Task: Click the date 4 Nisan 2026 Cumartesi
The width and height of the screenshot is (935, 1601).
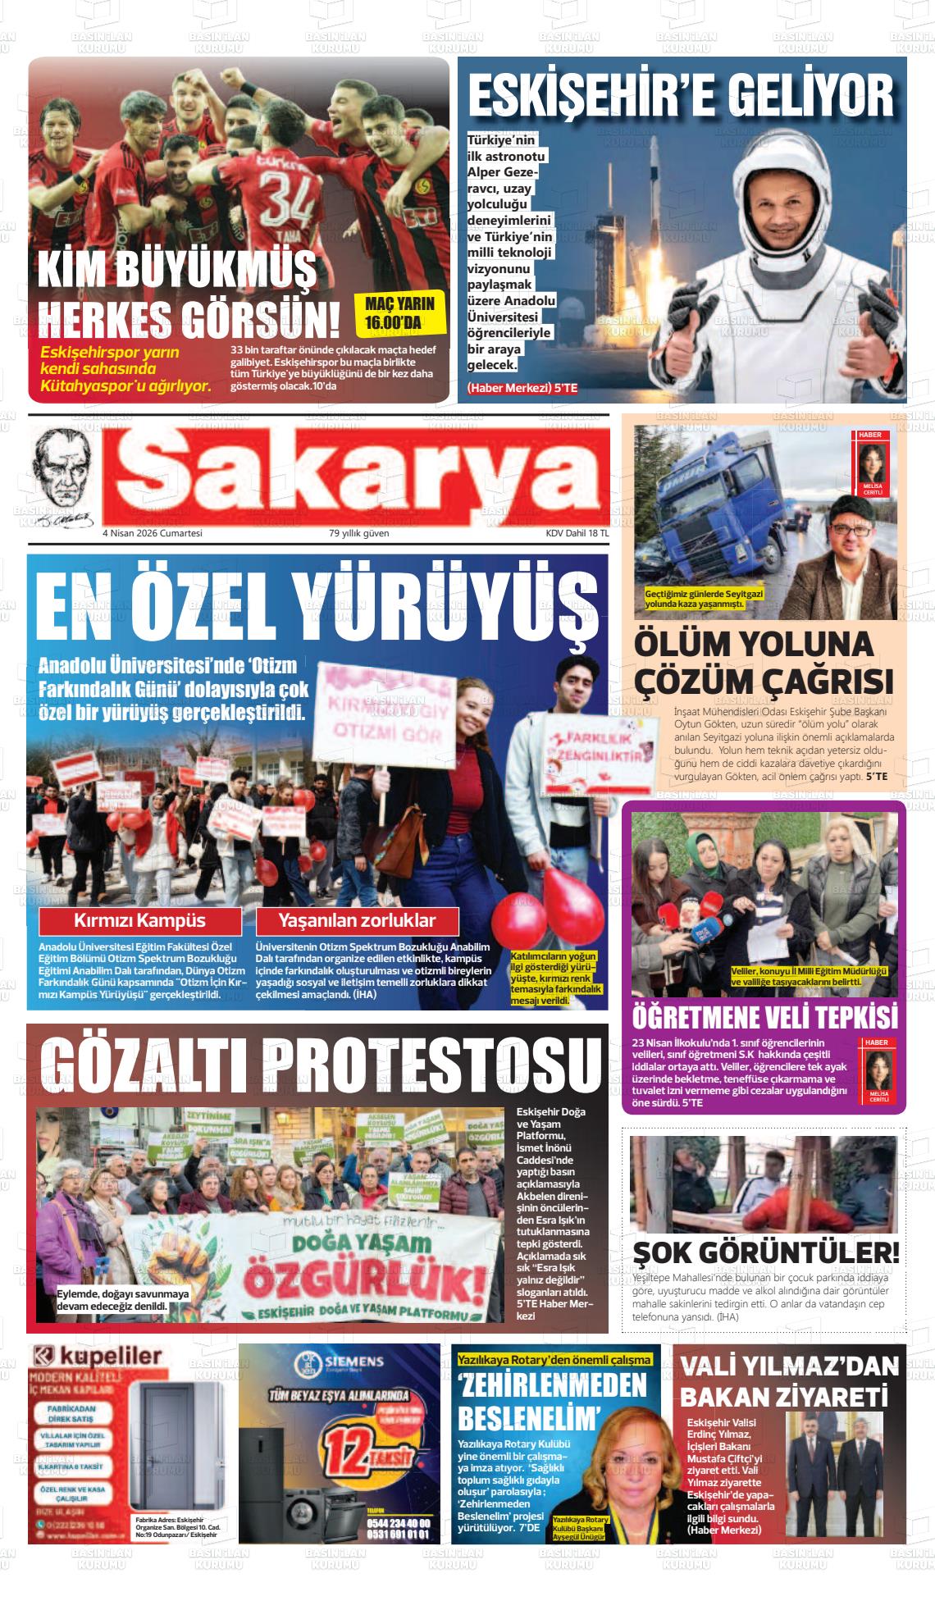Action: pos(152,533)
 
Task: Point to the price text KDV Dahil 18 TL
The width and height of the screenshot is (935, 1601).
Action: pos(577,533)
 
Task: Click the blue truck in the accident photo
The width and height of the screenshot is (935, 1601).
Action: pos(722,509)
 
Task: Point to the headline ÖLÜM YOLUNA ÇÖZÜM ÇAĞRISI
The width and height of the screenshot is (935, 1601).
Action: pos(764,663)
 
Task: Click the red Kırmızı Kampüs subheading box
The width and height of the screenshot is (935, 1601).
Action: pos(140,920)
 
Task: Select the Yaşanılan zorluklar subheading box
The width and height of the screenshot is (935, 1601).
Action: pos(357,920)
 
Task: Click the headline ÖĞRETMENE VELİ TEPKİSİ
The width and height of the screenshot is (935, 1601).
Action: pos(764,1017)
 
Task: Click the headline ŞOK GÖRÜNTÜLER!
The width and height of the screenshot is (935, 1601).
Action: pos(766,1252)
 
